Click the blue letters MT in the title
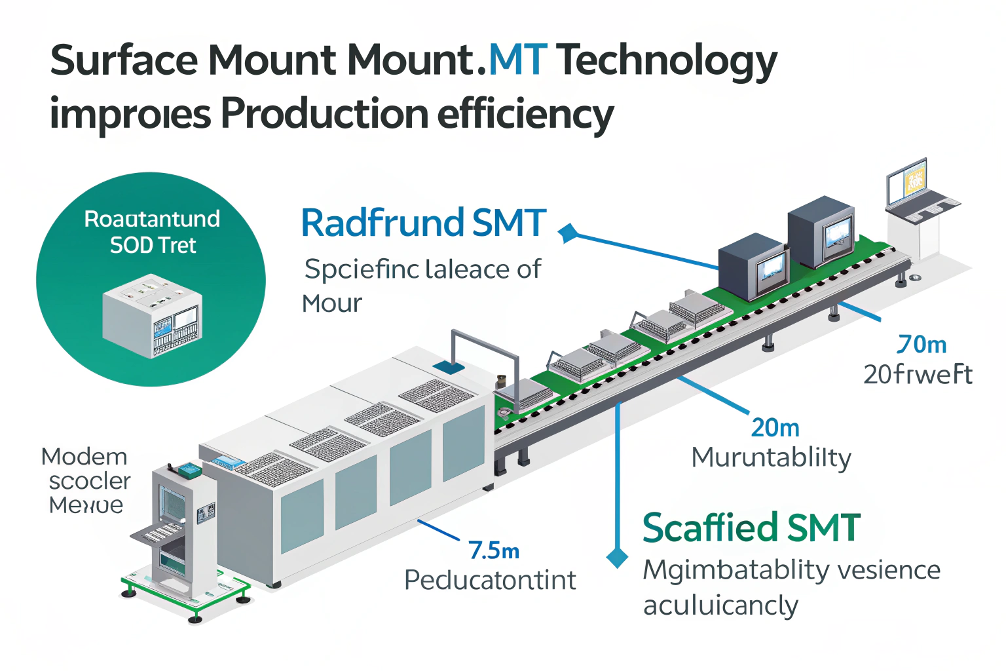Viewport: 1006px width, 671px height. (x=517, y=60)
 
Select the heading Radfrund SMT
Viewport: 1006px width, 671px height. (x=423, y=223)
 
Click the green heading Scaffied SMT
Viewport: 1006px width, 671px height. (x=751, y=528)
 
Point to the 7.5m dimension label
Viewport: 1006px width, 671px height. (x=494, y=551)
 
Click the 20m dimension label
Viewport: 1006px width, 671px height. (x=775, y=429)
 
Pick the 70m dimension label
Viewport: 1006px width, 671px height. (x=922, y=345)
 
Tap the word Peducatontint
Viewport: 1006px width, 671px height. (x=490, y=581)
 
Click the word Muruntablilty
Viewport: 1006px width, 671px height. (x=771, y=458)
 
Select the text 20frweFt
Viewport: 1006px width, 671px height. (x=918, y=375)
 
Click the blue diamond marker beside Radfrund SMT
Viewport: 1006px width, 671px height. (x=567, y=232)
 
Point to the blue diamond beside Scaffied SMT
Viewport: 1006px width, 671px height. (x=617, y=557)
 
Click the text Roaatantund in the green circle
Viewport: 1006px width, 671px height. (x=152, y=219)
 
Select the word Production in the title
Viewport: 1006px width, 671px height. (x=324, y=114)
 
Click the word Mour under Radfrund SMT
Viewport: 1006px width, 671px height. (x=331, y=304)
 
